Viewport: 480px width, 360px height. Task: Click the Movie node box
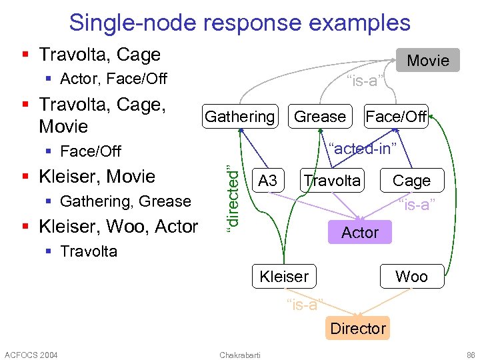pos(427,61)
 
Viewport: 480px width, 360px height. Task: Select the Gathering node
pos(239,117)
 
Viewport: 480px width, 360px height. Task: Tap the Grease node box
pos(320,117)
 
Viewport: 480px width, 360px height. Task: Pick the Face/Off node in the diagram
pos(395,117)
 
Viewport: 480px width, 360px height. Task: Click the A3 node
pos(267,181)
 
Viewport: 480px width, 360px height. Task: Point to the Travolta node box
pos(332,181)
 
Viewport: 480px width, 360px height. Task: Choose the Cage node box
pos(411,181)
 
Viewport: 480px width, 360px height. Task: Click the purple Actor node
pos(359,233)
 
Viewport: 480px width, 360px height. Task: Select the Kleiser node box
pos(284,276)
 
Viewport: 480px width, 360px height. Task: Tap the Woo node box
pos(411,276)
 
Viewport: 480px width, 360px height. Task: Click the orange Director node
pos(357,328)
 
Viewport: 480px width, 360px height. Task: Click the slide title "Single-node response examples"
pos(239,23)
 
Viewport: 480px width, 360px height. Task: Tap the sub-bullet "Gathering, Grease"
pos(125,201)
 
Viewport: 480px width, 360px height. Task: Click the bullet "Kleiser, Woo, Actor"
pos(118,227)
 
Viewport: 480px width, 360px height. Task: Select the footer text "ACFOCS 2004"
pos(31,354)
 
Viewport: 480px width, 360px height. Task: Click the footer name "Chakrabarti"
pos(240,354)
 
